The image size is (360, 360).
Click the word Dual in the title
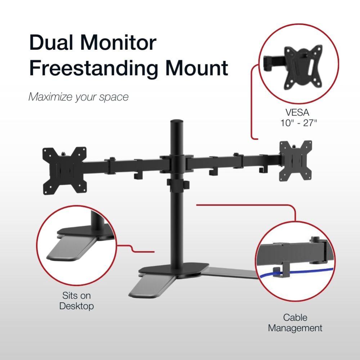click(53, 42)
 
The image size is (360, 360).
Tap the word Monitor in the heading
click(121, 42)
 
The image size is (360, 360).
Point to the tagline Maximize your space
click(78, 97)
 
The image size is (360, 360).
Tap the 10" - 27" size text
click(298, 123)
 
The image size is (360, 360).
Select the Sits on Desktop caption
click(76, 301)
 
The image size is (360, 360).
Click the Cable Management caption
click(295, 323)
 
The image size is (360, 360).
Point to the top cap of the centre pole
click(176, 122)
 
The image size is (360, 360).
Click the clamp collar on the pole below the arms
click(177, 183)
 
